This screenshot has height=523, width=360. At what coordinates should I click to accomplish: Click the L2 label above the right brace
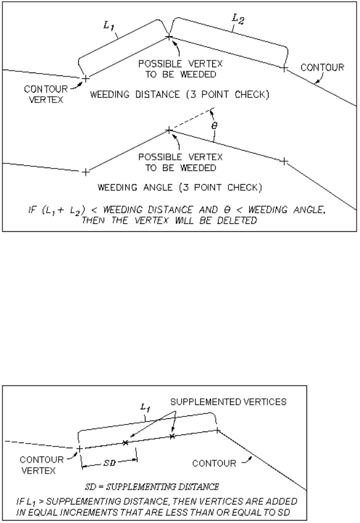point(236,19)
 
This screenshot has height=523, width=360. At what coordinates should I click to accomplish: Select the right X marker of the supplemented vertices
point(172,437)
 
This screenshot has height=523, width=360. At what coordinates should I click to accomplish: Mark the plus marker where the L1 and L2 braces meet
point(169,37)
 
